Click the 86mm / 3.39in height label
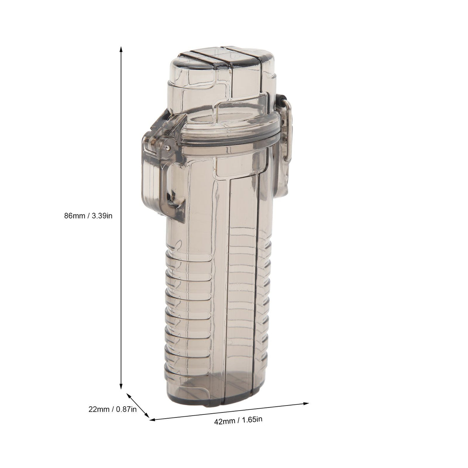[x=88, y=215]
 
